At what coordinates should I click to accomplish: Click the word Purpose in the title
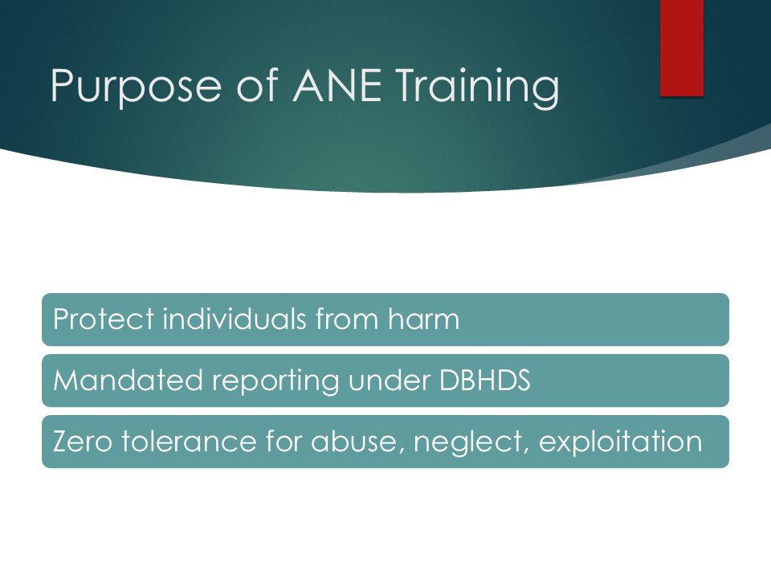[136, 87]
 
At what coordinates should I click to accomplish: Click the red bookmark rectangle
[682, 47]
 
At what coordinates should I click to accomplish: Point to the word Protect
[104, 319]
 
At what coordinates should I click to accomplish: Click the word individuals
[234, 319]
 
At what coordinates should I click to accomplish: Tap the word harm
[423, 319]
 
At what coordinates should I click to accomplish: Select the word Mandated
[128, 380]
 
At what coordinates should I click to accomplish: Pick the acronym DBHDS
[485, 380]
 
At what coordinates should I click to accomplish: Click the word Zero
[82, 442]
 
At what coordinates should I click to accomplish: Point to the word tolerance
[189, 441]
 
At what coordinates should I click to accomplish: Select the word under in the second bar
[390, 380]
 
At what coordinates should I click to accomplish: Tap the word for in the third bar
[284, 441]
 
